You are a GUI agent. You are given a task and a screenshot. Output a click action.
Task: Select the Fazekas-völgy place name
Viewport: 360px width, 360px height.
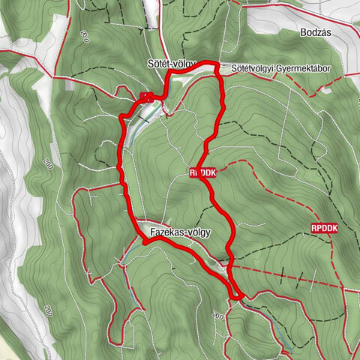coord(181,232)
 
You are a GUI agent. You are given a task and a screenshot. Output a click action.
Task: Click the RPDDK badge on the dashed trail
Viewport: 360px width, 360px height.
coord(324,227)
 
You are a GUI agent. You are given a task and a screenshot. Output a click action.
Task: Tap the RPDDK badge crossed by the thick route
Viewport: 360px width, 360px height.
coord(203,172)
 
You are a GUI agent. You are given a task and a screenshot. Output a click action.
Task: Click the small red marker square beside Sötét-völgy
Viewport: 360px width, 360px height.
coord(145,95)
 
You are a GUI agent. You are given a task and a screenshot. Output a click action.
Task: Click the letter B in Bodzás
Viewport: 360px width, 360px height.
coord(301,34)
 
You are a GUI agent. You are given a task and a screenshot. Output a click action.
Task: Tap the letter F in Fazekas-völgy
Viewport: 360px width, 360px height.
coord(152,232)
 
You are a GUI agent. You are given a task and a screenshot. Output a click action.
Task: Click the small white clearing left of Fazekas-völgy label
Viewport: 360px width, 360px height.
coord(142,225)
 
